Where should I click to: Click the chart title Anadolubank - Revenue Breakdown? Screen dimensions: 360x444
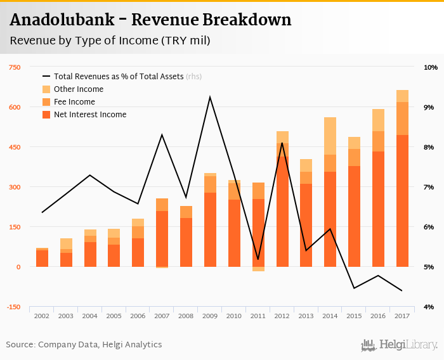point(151,20)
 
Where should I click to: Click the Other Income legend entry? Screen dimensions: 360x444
point(78,89)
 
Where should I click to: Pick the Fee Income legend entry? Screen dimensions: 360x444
point(74,102)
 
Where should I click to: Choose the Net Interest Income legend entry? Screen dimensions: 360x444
point(90,115)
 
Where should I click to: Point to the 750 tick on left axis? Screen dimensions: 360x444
point(14,67)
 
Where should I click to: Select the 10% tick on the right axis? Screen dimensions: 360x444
point(431,67)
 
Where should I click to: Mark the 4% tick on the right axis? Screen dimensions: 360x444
point(429,307)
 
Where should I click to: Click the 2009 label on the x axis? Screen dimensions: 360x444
point(210,316)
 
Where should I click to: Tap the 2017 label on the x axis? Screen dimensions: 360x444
point(402,316)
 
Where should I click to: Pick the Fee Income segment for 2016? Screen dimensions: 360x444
point(378,141)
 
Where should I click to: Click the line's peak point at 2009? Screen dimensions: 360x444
point(210,97)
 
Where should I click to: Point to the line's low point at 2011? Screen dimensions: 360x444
point(258,259)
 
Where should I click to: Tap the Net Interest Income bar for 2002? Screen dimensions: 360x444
point(42,259)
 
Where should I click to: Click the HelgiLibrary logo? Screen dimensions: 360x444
point(400,345)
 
